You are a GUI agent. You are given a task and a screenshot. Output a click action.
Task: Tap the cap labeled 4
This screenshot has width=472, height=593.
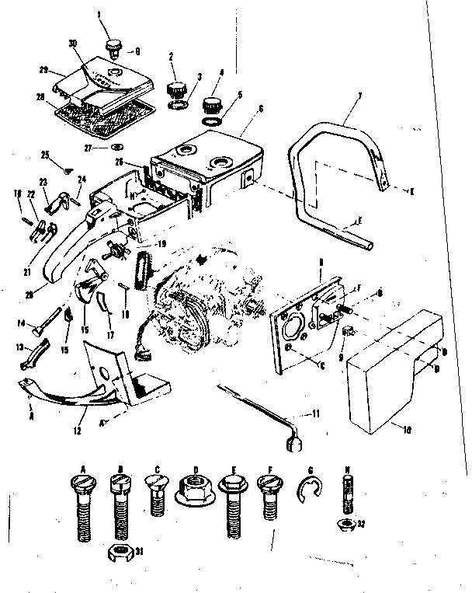[213, 103]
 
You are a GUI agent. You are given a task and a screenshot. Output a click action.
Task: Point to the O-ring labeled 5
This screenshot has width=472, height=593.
[213, 121]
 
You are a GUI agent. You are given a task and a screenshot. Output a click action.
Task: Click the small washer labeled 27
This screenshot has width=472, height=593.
[116, 147]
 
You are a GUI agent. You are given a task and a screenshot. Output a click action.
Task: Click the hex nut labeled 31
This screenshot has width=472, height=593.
[117, 554]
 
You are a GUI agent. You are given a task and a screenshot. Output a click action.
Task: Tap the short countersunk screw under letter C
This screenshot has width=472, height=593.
[158, 492]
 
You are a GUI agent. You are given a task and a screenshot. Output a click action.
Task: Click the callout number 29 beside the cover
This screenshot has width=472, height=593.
[33, 69]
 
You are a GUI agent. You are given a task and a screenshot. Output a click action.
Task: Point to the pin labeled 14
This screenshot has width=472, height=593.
[48, 324]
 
